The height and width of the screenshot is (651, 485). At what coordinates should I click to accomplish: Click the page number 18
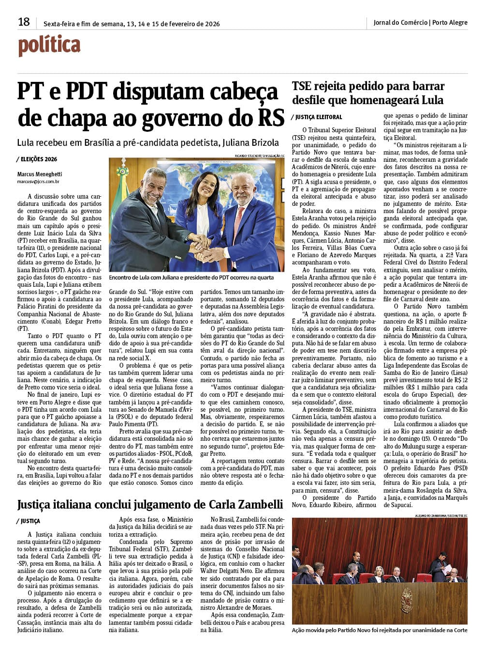pos(24,22)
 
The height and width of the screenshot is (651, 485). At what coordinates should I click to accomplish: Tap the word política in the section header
pos(49,46)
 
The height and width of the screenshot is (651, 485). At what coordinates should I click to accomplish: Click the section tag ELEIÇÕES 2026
pos(38,159)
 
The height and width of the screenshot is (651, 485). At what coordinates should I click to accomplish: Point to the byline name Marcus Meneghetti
pos(40,174)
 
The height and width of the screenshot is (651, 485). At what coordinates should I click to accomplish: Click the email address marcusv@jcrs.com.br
pos(38,182)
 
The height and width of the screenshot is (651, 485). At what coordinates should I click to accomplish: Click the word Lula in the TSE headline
pos(432,101)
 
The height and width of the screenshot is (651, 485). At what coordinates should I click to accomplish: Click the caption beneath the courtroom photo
pos(380,630)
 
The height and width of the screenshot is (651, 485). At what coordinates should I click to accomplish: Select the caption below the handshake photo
pos(191,278)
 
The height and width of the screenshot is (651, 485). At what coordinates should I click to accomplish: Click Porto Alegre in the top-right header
pos(450,22)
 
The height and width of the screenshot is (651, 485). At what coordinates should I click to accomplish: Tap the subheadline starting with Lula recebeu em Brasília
pos(148,143)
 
